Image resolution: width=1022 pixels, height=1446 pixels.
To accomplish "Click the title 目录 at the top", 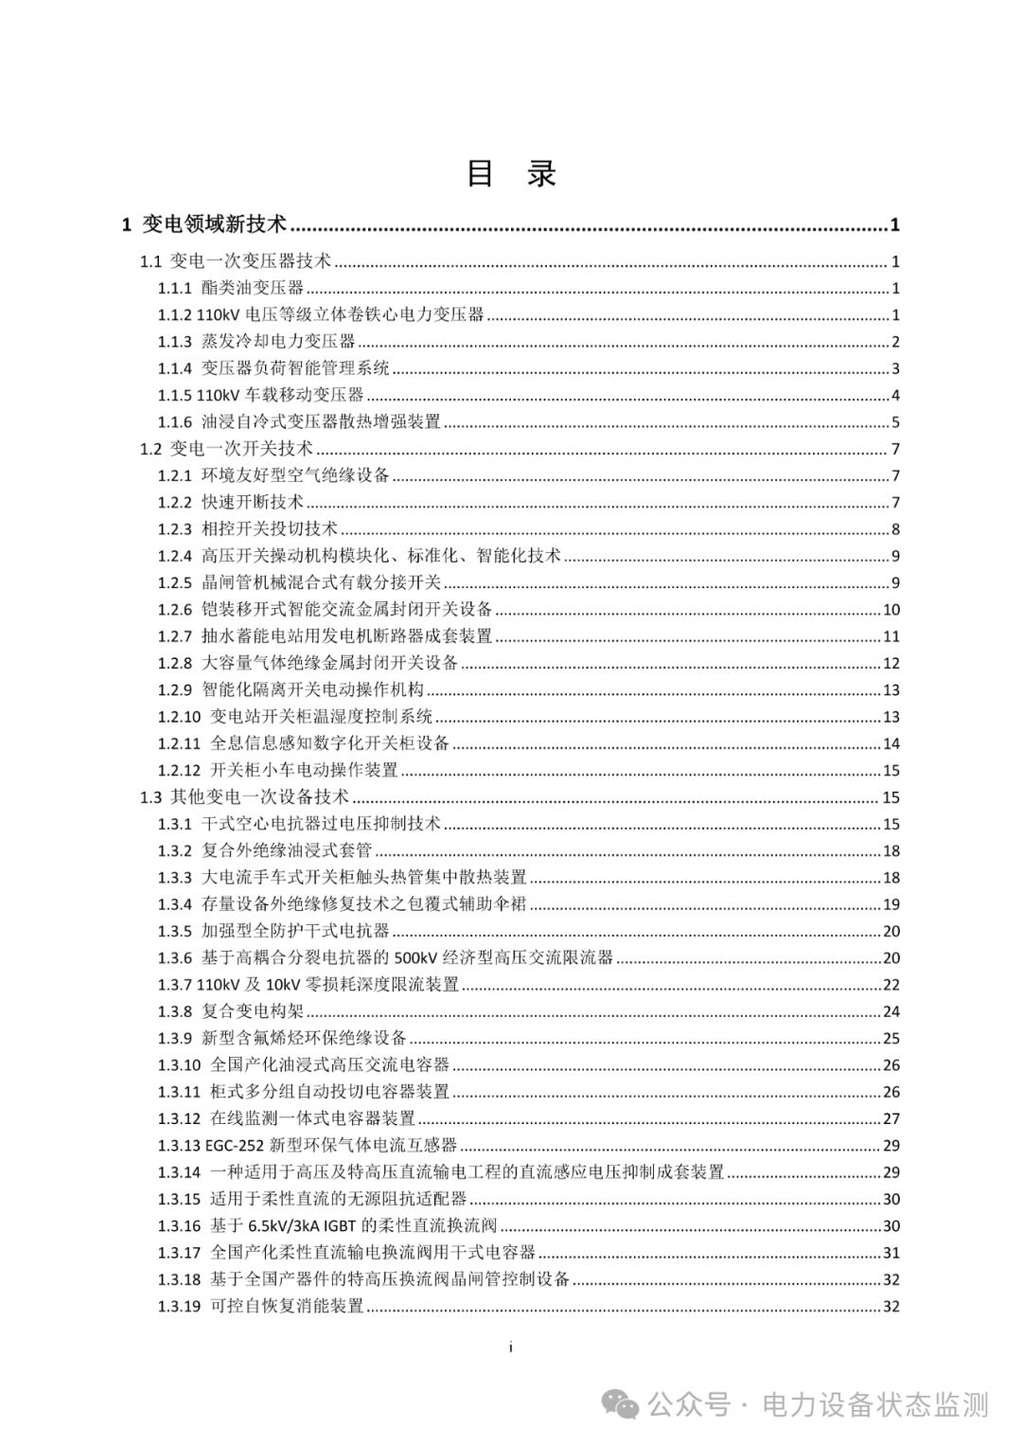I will pyautogui.click(x=511, y=173).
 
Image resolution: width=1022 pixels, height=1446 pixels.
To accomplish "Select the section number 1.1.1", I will pyautogui.click(x=175, y=289).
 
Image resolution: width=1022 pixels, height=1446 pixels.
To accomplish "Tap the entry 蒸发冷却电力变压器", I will pyautogui.click(x=278, y=342).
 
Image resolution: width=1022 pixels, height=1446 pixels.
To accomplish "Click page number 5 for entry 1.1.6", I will pyautogui.click(x=895, y=422).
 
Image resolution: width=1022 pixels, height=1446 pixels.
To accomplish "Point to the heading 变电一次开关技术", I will pyautogui.click(x=241, y=449).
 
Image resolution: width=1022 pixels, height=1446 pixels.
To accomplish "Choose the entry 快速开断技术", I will pyautogui.click(x=253, y=502).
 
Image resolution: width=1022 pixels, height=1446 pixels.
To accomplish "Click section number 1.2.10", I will pyautogui.click(x=179, y=717).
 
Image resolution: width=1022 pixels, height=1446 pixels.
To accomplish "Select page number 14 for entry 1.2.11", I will pyautogui.click(x=891, y=743).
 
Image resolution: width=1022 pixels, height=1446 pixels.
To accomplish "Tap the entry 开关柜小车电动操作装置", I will pyautogui.click(x=304, y=770).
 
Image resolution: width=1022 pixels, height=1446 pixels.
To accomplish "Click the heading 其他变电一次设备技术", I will pyautogui.click(x=259, y=796).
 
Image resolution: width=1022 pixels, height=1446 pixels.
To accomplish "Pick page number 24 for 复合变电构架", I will pyautogui.click(x=891, y=1011).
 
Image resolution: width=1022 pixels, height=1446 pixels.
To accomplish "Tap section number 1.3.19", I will pyautogui.click(x=179, y=1306).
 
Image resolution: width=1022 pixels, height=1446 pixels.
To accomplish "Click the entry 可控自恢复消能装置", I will pyautogui.click(x=287, y=1306).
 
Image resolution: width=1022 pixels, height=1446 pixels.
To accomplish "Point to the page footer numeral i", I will pyautogui.click(x=511, y=1347).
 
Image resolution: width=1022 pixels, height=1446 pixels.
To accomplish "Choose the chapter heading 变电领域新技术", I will pyautogui.click(x=214, y=224).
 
